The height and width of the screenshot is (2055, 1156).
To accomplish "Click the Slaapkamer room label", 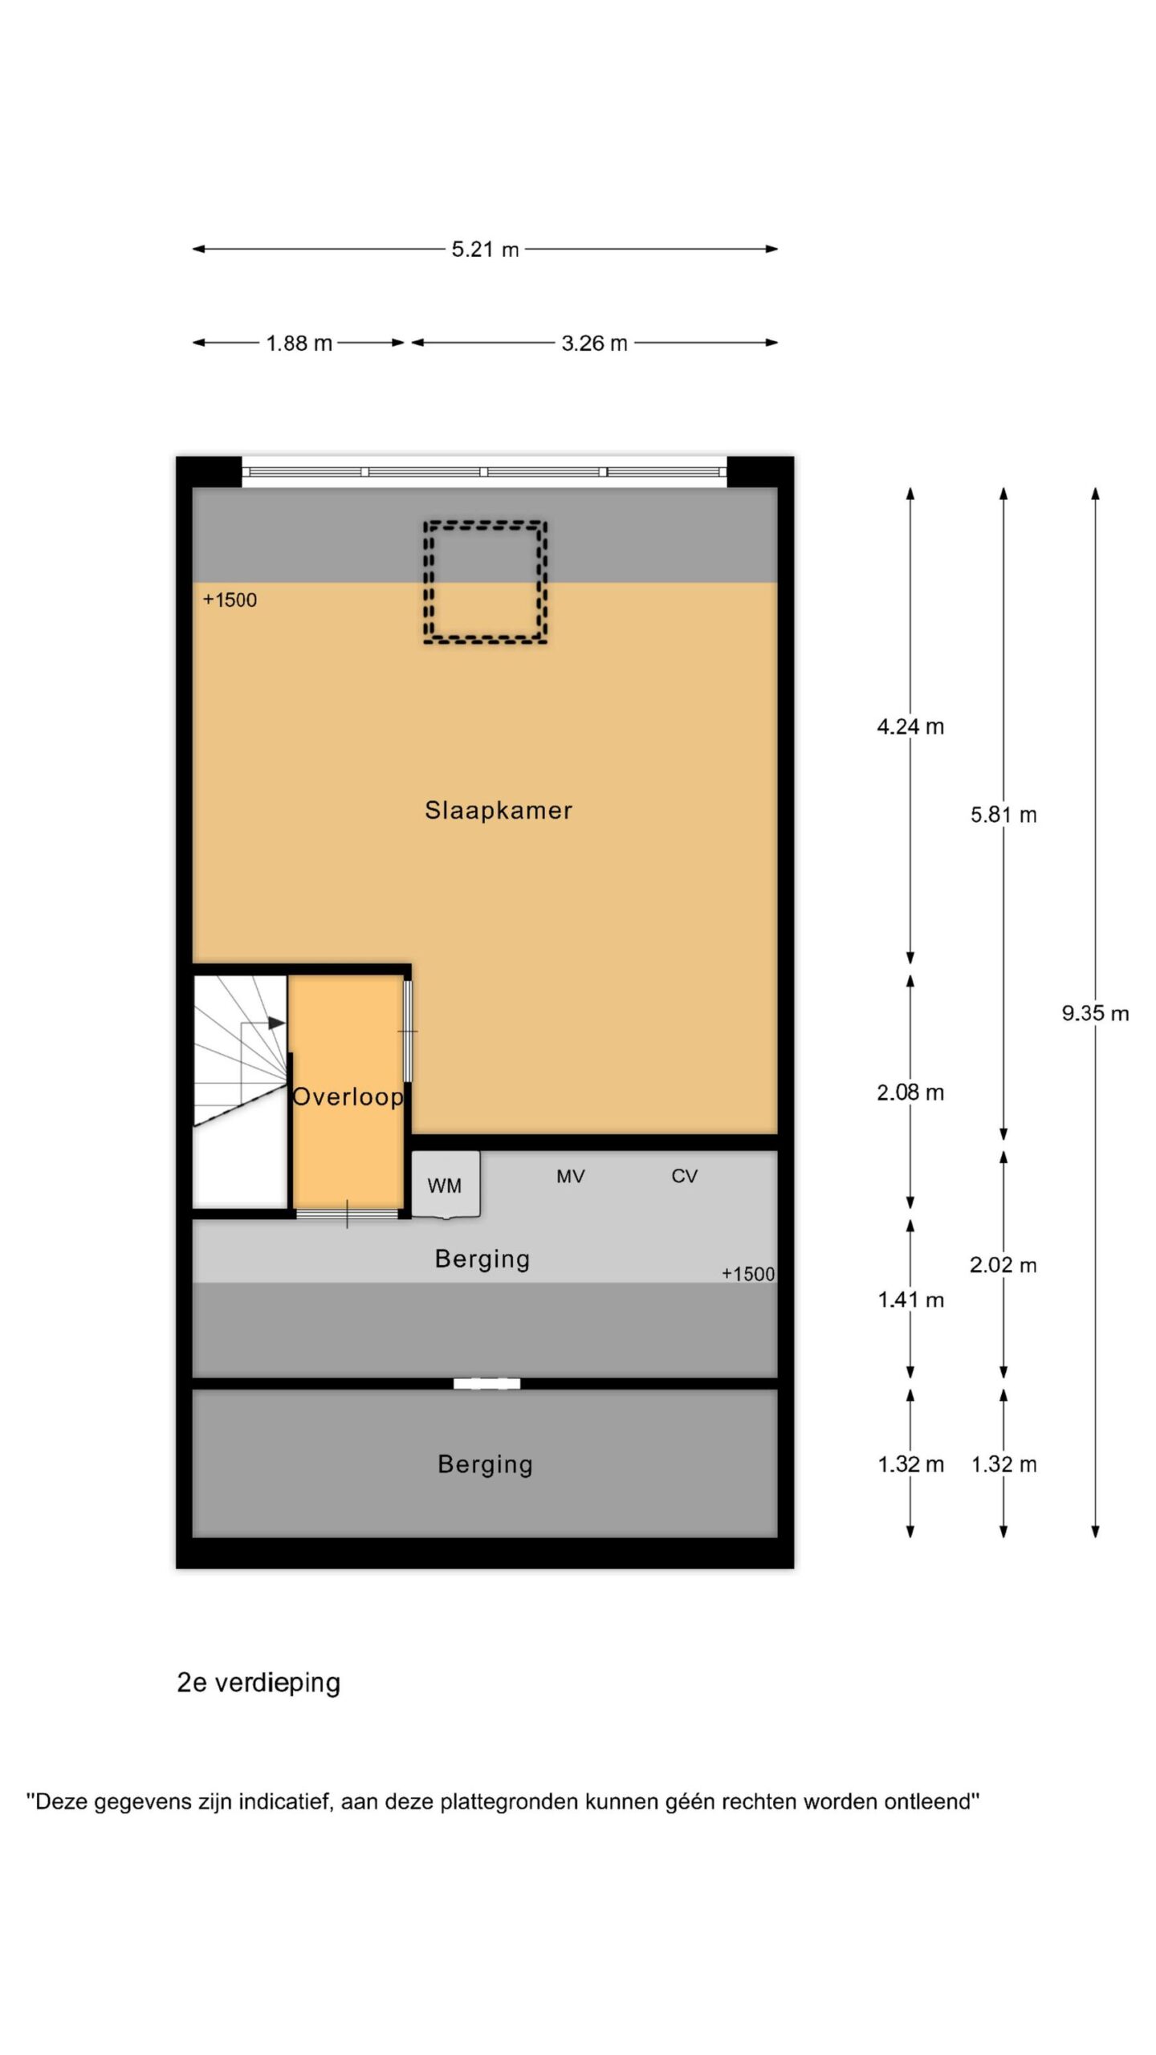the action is [x=498, y=810].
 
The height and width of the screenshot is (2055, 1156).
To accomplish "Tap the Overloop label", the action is [x=348, y=1097].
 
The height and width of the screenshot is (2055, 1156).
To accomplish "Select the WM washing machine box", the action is [x=446, y=1185].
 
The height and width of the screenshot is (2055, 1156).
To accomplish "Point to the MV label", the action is [x=571, y=1176].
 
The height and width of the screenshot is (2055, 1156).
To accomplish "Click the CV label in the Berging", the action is [x=684, y=1176].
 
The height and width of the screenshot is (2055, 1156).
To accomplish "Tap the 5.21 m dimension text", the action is [x=485, y=249].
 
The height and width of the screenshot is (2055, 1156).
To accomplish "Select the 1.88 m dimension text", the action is [x=299, y=343].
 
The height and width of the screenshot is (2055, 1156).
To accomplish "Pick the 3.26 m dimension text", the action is [x=594, y=343].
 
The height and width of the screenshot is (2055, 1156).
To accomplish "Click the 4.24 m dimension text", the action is [x=910, y=726].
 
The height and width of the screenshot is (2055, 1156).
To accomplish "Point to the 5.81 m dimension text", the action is [x=1003, y=815].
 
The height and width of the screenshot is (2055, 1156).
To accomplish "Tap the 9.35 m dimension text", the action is [x=1096, y=1013].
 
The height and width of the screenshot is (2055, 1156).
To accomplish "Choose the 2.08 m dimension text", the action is [x=910, y=1092].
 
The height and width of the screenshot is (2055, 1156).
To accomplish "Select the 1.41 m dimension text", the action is [x=910, y=1300].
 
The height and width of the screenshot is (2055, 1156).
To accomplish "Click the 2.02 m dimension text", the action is [x=1003, y=1265].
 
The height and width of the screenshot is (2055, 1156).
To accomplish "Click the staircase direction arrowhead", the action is [x=276, y=1023].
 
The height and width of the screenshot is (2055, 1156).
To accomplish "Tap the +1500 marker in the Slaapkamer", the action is [x=230, y=600].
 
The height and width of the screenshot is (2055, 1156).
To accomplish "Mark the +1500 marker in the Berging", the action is [x=748, y=1274].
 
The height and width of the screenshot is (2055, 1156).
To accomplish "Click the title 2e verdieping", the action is [x=258, y=1683].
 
